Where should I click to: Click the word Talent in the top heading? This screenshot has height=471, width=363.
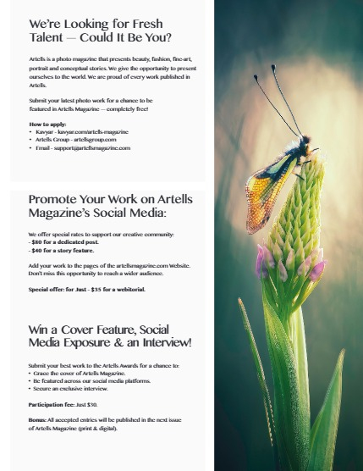[48, 38]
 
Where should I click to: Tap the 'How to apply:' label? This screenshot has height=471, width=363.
[47, 125]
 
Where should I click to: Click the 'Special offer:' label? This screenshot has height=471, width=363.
[48, 290]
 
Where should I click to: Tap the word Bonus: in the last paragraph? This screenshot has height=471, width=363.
[39, 419]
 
